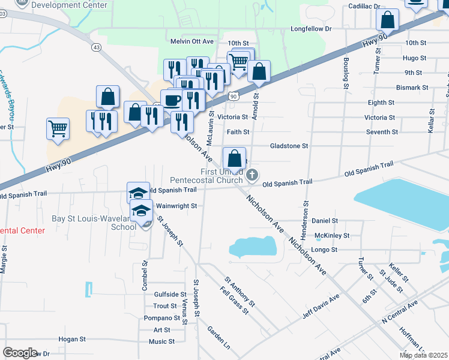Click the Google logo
20,353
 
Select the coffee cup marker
172,100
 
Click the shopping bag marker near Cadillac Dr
388,20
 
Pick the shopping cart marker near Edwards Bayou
58,128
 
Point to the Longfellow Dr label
311,28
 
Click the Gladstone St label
289,146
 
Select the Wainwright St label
176,205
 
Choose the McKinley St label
332,235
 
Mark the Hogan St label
72,339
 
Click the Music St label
161,341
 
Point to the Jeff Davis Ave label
321,305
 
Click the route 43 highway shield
96,46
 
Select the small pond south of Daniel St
253,246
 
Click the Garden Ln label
218,339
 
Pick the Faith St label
238,132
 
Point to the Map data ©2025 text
424,355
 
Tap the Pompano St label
158,318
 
